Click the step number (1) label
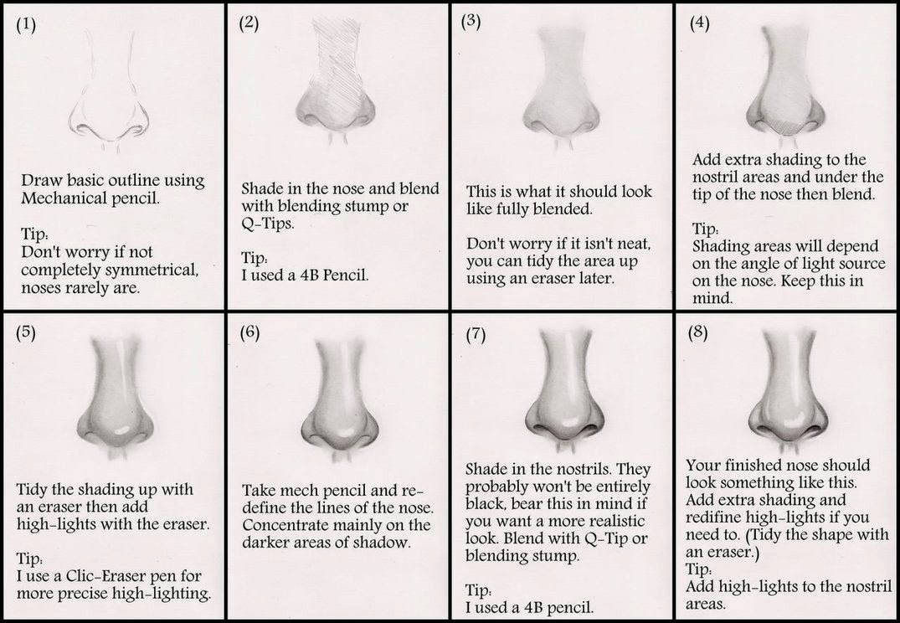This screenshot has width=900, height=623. pos(27,26)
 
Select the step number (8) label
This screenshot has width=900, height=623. pos(697,332)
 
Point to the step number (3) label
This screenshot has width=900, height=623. pos(471,23)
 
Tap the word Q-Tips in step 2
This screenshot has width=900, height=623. pos(265,224)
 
